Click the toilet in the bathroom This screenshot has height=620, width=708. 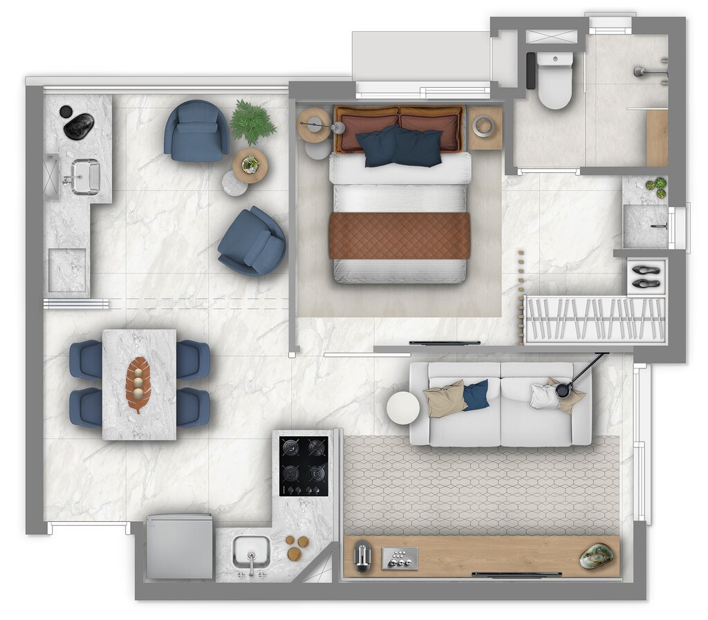pos(555,82)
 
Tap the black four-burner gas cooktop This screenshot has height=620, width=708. pos(304,467)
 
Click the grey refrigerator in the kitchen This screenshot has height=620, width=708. pos(179,546)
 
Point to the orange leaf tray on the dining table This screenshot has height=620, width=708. pos(138,384)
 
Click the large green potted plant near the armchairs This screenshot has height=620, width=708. pos(252,122)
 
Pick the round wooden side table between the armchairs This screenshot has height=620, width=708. pos(250,165)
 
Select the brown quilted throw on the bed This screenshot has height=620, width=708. pos(399,236)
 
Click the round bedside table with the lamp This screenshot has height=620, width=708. pos(315,125)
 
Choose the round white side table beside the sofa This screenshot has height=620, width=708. pos(402,407)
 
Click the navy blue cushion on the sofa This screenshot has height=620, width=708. pos(476,395)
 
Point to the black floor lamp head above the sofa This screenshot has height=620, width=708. pos(563,391)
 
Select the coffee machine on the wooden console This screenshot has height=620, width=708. pos(363,556)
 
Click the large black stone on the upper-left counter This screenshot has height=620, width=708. pos(78,125)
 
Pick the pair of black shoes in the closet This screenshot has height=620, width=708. pos(646,276)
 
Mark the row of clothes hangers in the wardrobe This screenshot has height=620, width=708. pos(594,319)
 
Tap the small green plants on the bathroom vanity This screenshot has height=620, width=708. pos(657,187)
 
